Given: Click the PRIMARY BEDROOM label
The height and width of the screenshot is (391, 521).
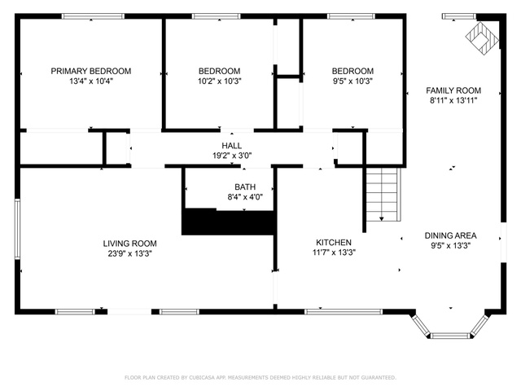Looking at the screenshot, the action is coord(90,71).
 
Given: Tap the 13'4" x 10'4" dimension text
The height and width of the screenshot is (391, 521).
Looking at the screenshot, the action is coord(91,81).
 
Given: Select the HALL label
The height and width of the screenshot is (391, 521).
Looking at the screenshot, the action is coord(231,146).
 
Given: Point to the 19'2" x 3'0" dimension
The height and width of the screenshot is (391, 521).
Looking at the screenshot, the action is coord(232,156).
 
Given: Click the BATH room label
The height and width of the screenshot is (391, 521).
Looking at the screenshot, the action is coord(245,187).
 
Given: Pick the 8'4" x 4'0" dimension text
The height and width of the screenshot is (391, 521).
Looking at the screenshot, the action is coord(245,197).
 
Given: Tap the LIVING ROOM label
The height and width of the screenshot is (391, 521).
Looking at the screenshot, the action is coord(129,244).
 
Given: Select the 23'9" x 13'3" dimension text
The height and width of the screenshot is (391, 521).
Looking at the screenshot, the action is coord(129,253).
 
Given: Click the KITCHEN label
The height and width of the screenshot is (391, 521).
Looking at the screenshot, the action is coord(334,243).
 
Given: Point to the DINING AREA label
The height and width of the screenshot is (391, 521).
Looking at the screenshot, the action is coord(450,235).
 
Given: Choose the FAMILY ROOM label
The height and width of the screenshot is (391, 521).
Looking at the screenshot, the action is coord(453,90).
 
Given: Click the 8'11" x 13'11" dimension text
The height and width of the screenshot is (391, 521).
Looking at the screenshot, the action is coord(453,100).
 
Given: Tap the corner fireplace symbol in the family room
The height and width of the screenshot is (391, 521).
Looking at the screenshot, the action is coord(483,38).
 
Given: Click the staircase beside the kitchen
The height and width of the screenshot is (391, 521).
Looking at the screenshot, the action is coord(383,194).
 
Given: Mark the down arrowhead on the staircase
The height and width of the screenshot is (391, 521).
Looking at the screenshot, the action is coord(382,219).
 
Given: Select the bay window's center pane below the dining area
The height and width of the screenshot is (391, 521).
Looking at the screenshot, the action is coord(450,336).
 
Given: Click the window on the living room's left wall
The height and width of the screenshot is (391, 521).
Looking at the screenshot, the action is coord(17,229).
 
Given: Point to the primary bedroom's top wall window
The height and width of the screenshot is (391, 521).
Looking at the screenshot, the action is coord(93,16).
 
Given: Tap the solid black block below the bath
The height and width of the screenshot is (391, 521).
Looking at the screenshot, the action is coord(229,222).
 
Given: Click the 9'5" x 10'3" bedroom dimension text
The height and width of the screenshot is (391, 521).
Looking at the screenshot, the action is coord(352,81).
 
